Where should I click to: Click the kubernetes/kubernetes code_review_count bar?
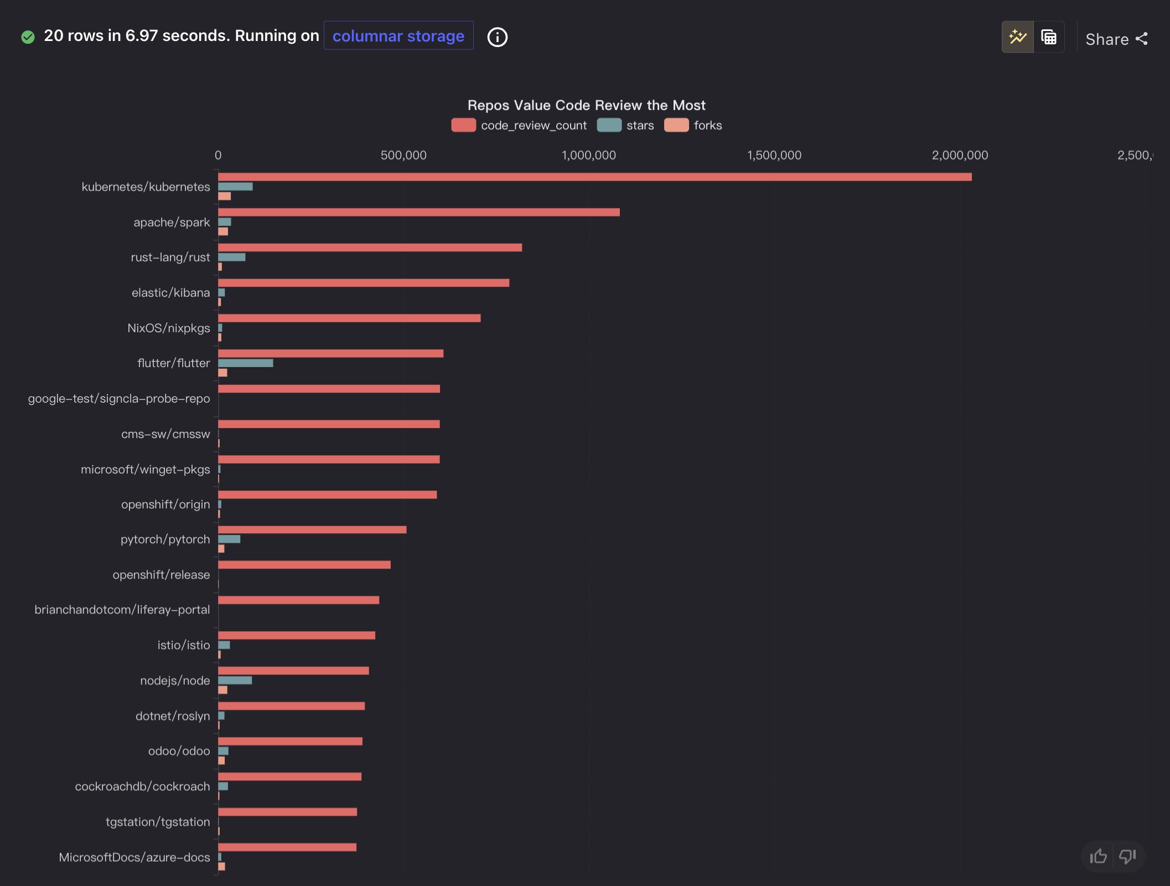coord(594,177)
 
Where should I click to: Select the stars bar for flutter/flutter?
coord(245,363)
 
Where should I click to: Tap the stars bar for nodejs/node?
coord(235,680)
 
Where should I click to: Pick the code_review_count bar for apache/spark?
coord(418,212)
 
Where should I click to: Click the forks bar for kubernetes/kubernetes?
coord(224,196)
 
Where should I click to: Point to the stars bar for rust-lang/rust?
coord(231,257)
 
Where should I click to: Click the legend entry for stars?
coord(625,125)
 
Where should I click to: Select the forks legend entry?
coord(693,125)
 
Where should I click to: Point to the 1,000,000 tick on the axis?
coord(588,155)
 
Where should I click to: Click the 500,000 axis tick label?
coord(403,155)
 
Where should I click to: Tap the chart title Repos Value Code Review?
coord(586,105)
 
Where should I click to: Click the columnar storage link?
coord(398,36)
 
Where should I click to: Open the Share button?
coord(1116,39)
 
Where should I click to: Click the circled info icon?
coord(497,37)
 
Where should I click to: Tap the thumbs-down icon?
coord(1127,856)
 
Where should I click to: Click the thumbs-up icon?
coord(1098,856)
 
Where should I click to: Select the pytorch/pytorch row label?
coord(165,539)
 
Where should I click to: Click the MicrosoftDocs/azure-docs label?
coord(134,857)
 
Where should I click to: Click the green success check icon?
coord(28,37)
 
